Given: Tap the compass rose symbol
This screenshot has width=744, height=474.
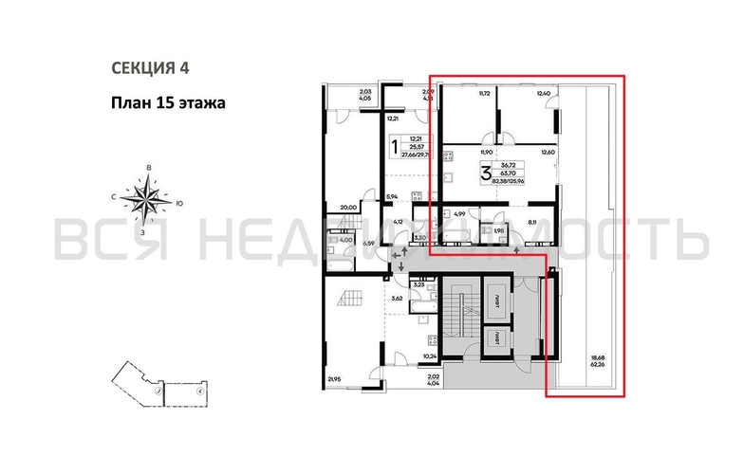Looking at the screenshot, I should [x=149, y=199].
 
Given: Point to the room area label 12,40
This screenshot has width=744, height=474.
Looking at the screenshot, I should [x=543, y=94].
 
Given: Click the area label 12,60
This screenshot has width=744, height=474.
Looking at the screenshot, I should [x=548, y=152].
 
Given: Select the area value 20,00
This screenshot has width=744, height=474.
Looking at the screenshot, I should [x=348, y=209].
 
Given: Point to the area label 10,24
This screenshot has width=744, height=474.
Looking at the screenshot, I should [x=429, y=356].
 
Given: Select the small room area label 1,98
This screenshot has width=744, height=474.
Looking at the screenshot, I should [x=497, y=230].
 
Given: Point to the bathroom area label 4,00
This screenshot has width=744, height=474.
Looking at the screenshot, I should [x=347, y=240].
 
